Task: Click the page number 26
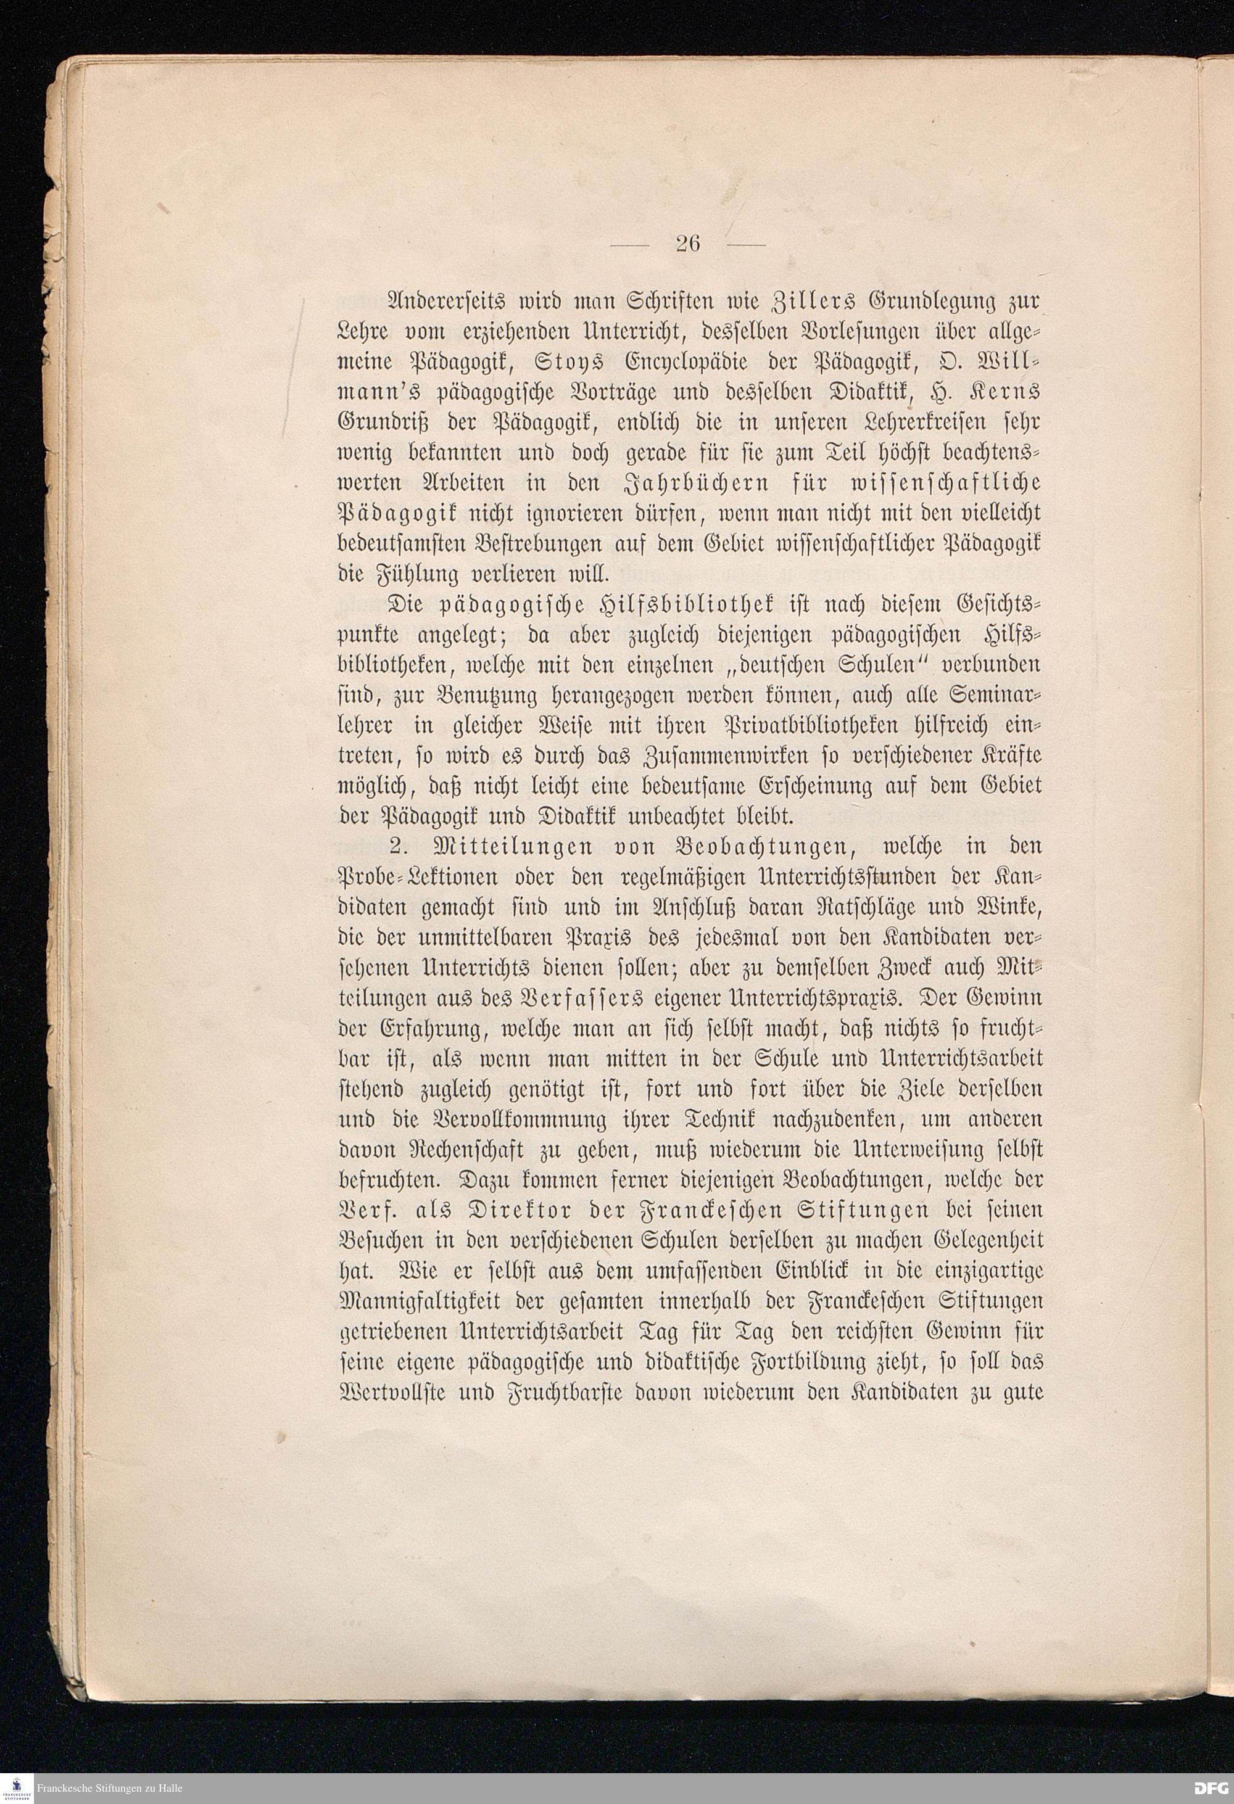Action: pyautogui.click(x=688, y=244)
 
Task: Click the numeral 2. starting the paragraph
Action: pyautogui.click(x=397, y=846)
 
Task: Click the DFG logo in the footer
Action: pyautogui.click(x=1210, y=1787)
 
